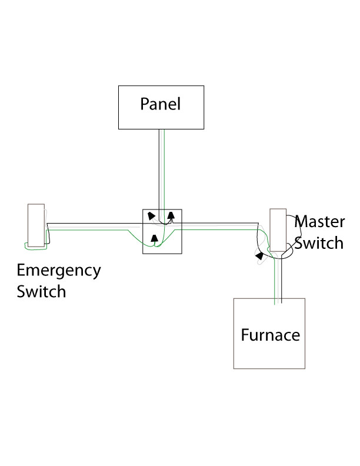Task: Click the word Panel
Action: point(160,104)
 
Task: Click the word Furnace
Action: point(270,335)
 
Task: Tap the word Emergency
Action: point(59,271)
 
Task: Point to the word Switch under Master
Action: point(318,242)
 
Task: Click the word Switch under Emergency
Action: point(41,291)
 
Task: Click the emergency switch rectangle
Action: point(36,225)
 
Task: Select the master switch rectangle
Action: point(278,231)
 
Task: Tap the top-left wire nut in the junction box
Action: point(152,215)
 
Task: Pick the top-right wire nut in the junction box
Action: point(171,215)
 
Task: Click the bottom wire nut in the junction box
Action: point(154,238)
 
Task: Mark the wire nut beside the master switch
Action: point(259,255)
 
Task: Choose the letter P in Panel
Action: point(145,104)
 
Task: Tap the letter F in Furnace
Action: point(245,335)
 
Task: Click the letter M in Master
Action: point(301,222)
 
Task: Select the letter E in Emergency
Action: point(22,271)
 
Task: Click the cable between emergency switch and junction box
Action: point(94,226)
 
